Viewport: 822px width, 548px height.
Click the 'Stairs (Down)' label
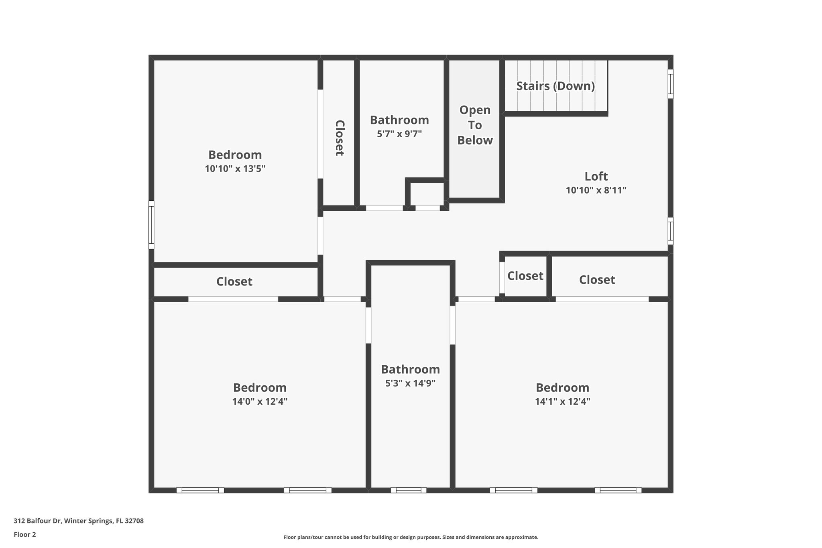(555, 86)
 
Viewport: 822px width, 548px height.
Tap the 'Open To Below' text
(475, 125)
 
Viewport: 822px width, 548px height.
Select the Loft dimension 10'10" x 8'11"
(596, 190)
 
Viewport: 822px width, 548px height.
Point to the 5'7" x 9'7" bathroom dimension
(399, 134)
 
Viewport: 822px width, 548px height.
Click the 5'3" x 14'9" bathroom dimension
(410, 383)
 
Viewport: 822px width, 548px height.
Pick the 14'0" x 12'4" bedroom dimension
(260, 401)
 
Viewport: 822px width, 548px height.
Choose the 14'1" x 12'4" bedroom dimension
(562, 401)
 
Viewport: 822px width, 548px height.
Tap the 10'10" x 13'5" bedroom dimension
(235, 169)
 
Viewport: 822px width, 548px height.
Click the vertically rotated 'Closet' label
(340, 138)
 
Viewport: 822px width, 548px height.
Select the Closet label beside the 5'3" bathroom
(525, 276)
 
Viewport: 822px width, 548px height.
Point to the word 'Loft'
(596, 176)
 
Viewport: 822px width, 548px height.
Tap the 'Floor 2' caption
(25, 534)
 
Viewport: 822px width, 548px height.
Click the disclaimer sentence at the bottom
(411, 537)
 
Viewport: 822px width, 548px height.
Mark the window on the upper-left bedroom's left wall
(151, 225)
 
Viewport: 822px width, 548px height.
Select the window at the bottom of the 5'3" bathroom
(408, 490)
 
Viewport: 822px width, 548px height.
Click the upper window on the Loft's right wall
(670, 84)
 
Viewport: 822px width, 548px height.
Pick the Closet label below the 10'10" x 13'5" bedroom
(234, 282)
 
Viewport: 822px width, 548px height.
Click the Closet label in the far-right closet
(597, 280)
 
